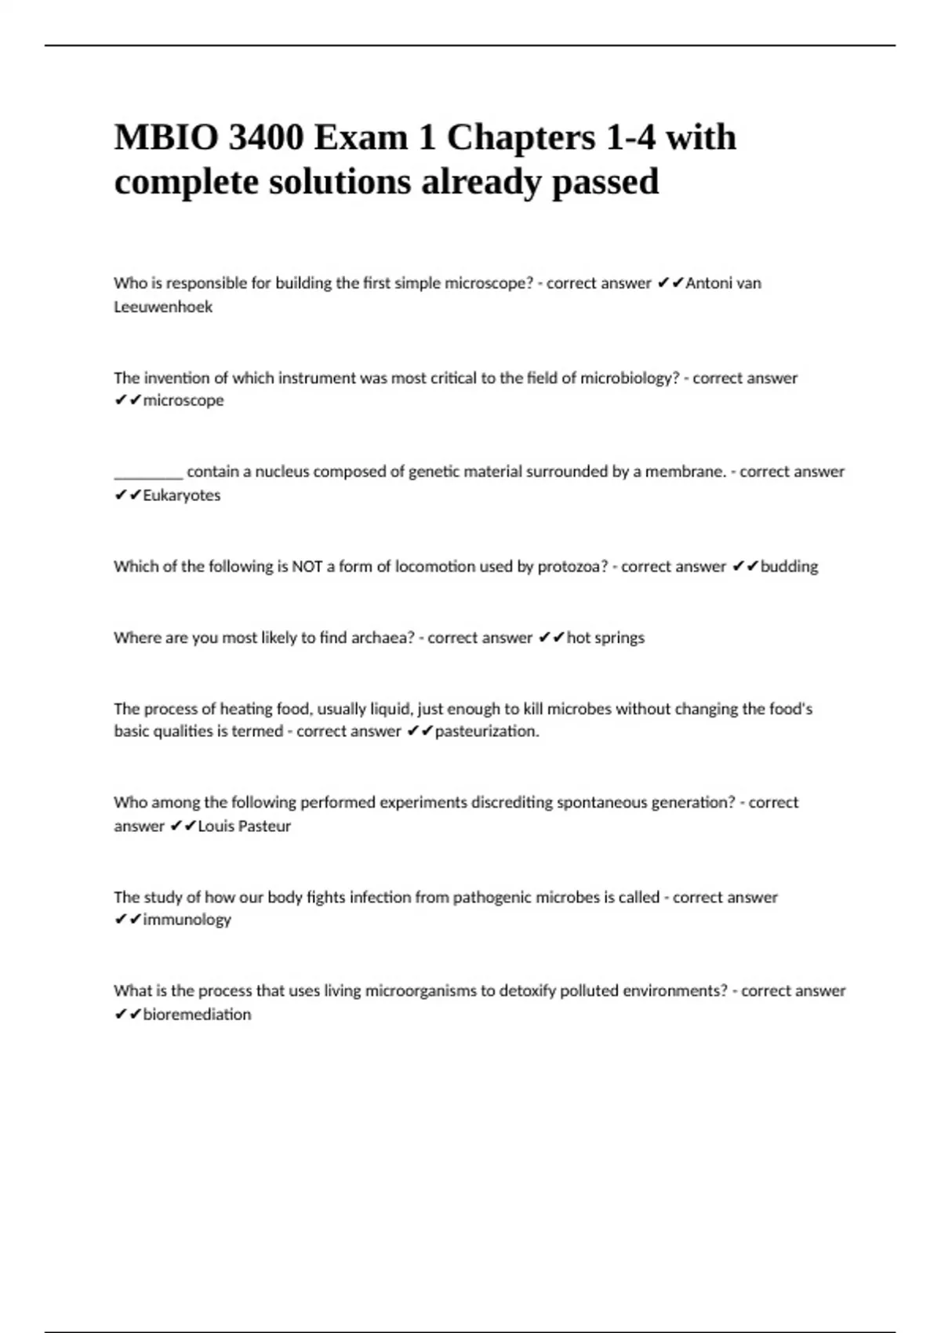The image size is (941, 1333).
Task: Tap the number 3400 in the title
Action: click(265, 138)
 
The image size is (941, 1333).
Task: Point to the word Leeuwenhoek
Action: click(163, 307)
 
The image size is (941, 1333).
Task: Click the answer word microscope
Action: click(183, 401)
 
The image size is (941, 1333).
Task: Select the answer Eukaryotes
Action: click(182, 496)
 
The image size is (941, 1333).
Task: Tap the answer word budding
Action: click(789, 566)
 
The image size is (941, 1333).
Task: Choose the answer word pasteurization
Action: click(486, 732)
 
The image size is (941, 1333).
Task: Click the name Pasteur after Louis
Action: click(262, 826)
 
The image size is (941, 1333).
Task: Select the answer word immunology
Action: click(187, 920)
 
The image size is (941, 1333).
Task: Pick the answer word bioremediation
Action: click(197, 1015)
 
